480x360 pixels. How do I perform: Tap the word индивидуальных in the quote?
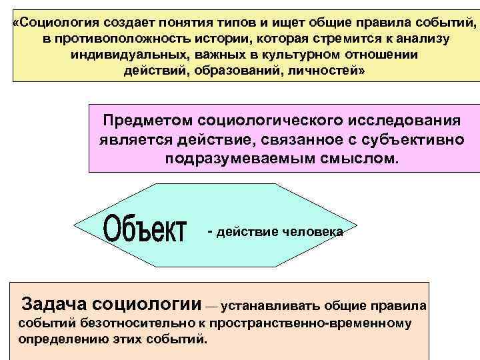119,55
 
